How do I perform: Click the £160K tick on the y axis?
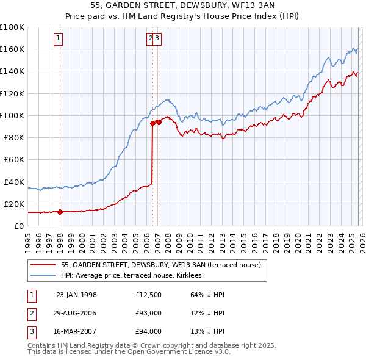[12, 49]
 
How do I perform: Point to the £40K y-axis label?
[13, 182]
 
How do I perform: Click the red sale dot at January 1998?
[60, 212]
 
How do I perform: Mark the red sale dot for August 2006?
[152, 123]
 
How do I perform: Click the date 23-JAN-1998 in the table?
[76, 295]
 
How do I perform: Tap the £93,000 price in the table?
[149, 313]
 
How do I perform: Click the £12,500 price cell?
[149, 295]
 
